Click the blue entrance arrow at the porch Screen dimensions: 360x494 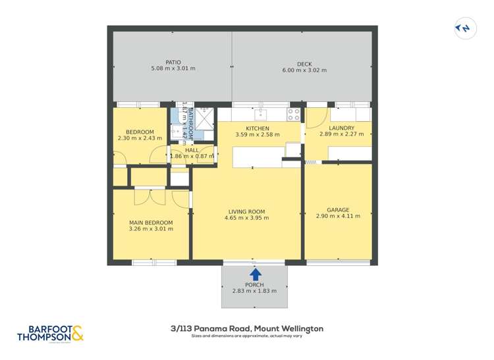(x=255, y=273)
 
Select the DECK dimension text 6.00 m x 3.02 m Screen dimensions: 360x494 (x=304, y=70)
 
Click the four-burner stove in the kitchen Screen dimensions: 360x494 (x=294, y=115)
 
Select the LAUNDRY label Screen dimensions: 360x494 (x=342, y=128)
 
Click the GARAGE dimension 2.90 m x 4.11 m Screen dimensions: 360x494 (x=338, y=216)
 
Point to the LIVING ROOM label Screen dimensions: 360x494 (x=246, y=211)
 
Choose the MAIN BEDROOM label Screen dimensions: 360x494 (x=151, y=222)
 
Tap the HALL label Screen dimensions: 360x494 (x=192, y=150)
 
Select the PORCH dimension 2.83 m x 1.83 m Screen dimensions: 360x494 (x=254, y=292)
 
